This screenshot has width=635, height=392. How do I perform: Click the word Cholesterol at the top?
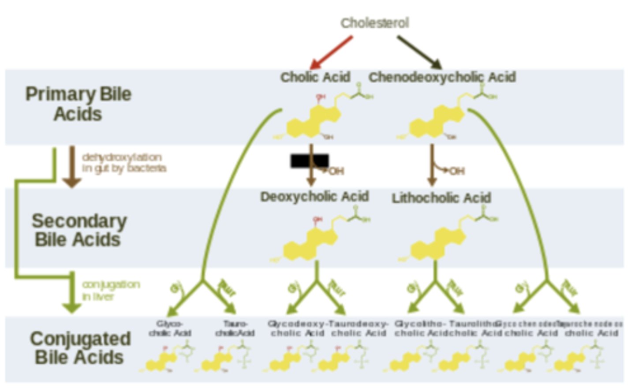coord(374,23)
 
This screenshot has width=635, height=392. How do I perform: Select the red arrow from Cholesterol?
coord(332,52)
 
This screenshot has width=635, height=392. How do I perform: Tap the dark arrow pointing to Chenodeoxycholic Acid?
coord(419,52)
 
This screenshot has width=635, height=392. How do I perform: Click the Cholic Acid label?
coord(315,77)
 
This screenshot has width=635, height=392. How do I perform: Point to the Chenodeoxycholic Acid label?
coord(442,77)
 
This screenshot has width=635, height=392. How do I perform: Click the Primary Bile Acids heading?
coord(78,104)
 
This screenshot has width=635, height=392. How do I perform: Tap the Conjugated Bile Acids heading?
coord(80,348)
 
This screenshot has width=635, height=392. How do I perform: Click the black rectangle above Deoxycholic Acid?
coord(309,161)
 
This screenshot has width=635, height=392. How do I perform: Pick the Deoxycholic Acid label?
coord(314,197)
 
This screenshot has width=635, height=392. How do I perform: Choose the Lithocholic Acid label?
coord(441,198)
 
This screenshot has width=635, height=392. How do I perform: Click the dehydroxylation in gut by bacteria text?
coord(124,163)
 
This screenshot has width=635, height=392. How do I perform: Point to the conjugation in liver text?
coord(111,290)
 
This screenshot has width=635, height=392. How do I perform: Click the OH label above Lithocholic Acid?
coord(457,171)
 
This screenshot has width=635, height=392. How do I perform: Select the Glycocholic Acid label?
coord(170,329)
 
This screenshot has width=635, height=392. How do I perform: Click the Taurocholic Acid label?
coord(235,329)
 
